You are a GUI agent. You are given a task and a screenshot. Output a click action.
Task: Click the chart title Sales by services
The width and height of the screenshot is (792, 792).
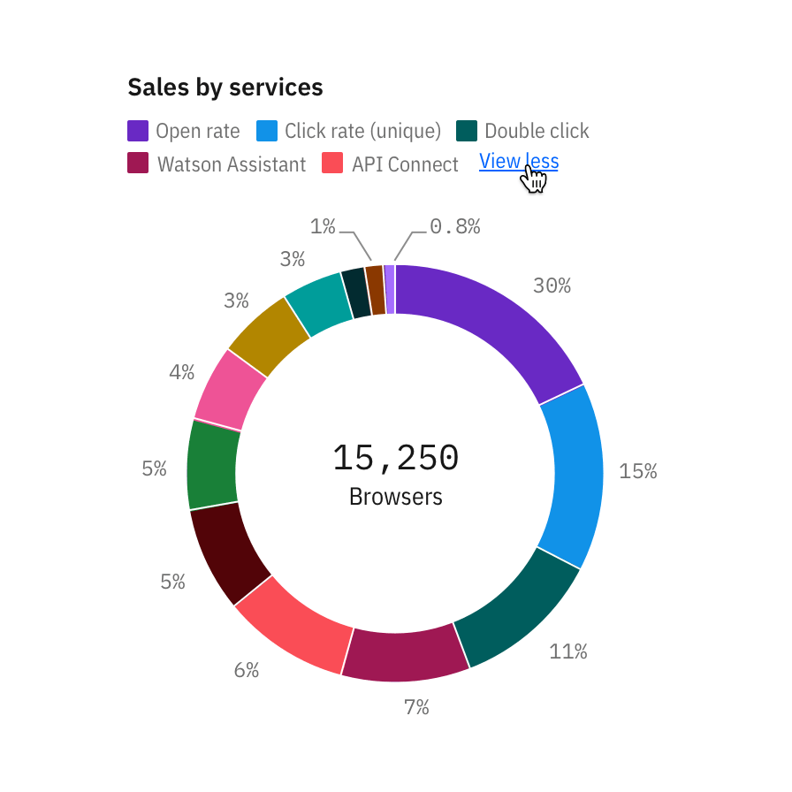225,88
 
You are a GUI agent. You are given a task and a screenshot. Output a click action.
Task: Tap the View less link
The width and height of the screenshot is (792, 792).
518,161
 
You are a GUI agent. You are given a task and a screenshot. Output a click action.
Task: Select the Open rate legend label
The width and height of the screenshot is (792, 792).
197,132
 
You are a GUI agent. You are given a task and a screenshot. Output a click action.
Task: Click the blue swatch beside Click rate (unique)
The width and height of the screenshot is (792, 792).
267,131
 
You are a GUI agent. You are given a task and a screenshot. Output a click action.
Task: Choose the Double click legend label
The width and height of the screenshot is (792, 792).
537,132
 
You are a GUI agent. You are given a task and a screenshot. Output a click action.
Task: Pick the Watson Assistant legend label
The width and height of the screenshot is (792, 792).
231,164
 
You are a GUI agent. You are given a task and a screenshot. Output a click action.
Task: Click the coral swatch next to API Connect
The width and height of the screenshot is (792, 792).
332,164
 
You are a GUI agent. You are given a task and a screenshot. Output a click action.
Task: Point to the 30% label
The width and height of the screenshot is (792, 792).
552,286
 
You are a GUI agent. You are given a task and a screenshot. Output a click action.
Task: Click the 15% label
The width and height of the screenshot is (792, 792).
638,471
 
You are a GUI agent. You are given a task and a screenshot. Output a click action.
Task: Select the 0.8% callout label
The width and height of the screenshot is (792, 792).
455,226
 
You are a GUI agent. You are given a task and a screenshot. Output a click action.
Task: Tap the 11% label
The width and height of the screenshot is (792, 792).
567,652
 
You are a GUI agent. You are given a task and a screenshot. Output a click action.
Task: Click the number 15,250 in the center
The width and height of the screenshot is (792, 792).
396,458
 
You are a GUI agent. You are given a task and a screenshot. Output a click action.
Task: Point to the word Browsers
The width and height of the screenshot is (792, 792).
396,497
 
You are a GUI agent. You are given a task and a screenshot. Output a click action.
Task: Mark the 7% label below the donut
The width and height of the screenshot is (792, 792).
416,707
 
